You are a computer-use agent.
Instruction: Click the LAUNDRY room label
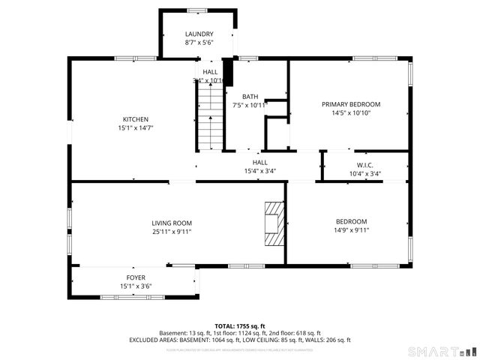(199, 34)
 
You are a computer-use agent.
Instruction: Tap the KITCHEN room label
(136, 119)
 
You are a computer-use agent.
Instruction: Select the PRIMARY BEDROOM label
(351, 104)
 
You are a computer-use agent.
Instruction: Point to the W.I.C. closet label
(364, 165)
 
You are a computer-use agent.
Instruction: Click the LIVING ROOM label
(172, 223)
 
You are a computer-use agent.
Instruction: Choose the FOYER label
(136, 277)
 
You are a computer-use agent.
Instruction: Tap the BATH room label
(250, 97)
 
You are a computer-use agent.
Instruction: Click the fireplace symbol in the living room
(274, 223)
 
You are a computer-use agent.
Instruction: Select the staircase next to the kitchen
(210, 116)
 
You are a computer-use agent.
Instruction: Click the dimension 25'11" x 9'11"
(172, 232)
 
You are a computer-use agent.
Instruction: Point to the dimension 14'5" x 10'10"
(351, 113)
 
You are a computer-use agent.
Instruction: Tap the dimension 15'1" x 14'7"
(136, 128)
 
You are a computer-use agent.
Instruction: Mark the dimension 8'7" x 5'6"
(199, 43)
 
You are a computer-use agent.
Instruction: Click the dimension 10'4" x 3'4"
(364, 174)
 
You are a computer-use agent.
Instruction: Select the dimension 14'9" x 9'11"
(351, 230)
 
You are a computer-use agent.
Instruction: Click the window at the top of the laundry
(197, 10)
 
